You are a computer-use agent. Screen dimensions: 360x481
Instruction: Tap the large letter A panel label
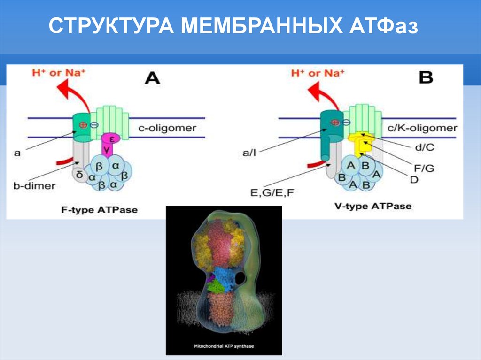[x=152, y=77]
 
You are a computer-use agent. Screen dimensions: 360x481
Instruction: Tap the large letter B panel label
[x=426, y=77]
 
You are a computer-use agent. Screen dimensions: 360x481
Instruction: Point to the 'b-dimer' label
[x=34, y=185]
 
